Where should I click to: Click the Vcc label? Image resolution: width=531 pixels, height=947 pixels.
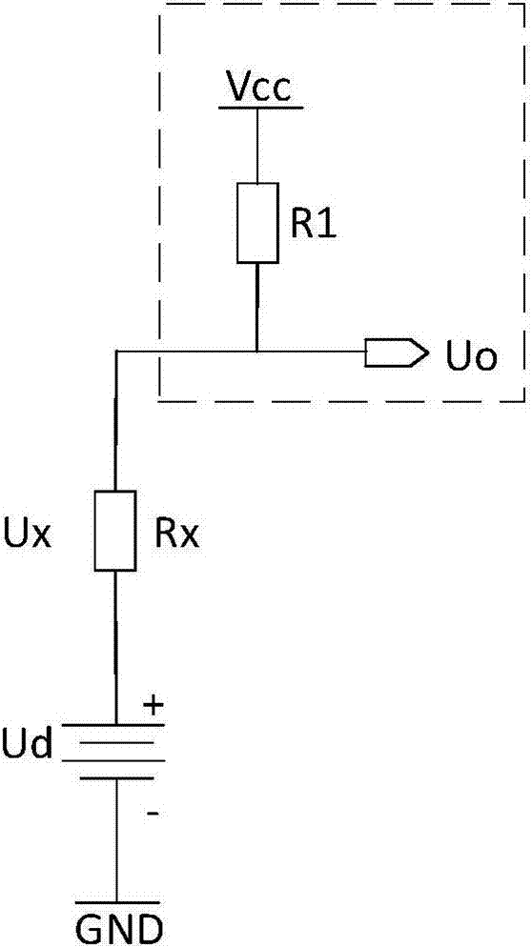click(258, 88)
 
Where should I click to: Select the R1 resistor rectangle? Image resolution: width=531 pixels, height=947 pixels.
click(258, 223)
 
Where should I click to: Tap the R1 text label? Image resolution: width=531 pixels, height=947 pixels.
click(313, 225)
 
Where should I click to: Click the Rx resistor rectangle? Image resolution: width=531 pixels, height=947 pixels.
click(115, 531)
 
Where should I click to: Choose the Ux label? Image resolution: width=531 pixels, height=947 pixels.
click(28, 534)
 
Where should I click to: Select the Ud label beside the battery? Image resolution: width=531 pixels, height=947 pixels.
click(27, 744)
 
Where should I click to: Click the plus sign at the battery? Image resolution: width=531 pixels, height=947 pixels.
click(154, 705)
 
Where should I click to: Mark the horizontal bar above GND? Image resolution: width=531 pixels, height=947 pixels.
click(117, 903)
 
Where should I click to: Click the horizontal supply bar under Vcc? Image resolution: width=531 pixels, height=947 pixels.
click(259, 108)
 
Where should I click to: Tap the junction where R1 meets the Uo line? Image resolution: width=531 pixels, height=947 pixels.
click(257, 351)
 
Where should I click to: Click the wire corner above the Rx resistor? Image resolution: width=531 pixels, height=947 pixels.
click(115, 351)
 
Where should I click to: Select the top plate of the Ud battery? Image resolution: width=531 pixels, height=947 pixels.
click(114, 725)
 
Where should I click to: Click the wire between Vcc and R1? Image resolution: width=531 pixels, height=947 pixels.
click(258, 147)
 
